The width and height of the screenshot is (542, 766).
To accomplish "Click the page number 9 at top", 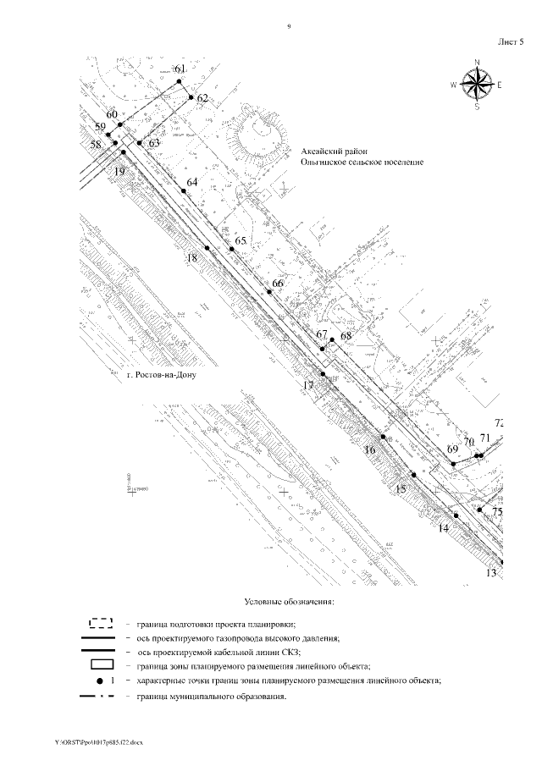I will tap(289, 28).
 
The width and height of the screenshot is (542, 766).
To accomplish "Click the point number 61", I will tap(179, 69).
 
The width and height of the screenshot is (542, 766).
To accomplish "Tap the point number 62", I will tap(202, 98).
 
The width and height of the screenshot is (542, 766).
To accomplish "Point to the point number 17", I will tap(308, 385).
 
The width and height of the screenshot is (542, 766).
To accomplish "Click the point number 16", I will tap(369, 449).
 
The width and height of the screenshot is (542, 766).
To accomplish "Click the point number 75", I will tap(498, 512).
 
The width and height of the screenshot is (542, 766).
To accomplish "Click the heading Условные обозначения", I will tap(289, 602).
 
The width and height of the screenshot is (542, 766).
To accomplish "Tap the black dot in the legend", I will tap(99, 680).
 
